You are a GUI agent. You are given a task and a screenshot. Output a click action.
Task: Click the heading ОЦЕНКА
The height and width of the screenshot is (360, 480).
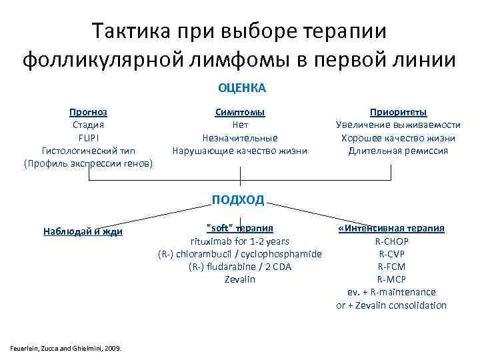240,88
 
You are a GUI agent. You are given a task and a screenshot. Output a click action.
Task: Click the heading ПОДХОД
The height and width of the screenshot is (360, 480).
238,199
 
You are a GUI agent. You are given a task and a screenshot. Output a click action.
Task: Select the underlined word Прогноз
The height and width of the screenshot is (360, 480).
88,112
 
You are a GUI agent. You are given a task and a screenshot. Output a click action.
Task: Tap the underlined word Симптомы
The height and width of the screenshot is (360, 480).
240,112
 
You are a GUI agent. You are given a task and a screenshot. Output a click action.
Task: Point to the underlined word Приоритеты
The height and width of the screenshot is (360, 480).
398,112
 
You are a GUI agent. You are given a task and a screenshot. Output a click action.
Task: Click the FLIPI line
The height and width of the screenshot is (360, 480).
88,138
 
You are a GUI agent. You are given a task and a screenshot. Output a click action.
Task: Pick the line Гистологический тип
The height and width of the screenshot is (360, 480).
88,151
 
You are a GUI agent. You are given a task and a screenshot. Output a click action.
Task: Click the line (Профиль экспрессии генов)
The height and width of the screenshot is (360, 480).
88,163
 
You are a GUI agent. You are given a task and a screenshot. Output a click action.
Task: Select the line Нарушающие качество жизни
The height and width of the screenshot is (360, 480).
240,151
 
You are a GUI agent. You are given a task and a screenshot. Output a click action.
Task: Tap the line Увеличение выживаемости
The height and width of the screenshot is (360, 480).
398,125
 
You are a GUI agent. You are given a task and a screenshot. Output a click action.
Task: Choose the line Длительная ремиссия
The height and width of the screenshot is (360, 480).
398,151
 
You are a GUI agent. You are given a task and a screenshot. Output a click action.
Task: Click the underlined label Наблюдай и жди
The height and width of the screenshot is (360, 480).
83,231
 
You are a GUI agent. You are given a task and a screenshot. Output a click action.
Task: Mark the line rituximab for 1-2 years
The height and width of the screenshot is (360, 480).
240,241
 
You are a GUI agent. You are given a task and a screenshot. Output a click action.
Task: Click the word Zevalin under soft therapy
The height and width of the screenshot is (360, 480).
240,279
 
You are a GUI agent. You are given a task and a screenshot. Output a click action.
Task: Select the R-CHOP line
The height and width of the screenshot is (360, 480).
393,241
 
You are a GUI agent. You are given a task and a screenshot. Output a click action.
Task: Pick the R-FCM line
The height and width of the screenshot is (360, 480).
393,267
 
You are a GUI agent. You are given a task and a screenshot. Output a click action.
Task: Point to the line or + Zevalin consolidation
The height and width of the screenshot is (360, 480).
391,305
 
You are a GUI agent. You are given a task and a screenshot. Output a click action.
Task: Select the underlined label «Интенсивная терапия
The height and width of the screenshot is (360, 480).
391,228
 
